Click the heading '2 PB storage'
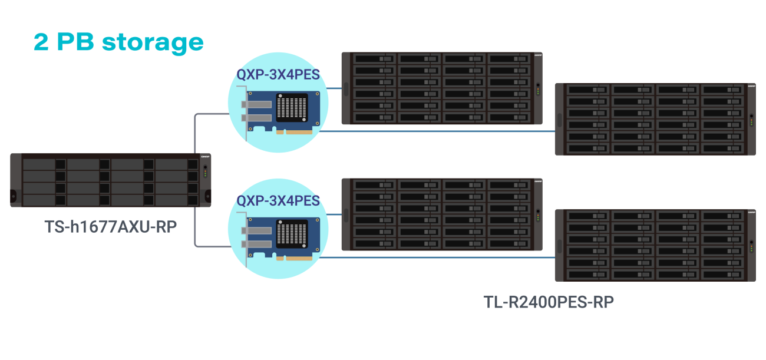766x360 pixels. pyautogui.click(x=118, y=42)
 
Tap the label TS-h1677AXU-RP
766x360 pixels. pyautogui.click(x=111, y=227)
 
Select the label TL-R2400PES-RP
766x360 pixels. pyautogui.click(x=549, y=302)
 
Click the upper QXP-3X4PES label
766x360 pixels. pyautogui.click(x=278, y=74)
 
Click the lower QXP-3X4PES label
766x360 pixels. pyautogui.click(x=278, y=200)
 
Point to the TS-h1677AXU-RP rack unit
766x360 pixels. pyautogui.click(x=111, y=180)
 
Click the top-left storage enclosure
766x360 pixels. pyautogui.click(x=442, y=88)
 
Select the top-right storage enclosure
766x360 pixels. pyautogui.click(x=655, y=119)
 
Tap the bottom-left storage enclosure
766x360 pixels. pyautogui.click(x=442, y=214)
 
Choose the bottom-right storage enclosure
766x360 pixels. pyautogui.click(x=655, y=245)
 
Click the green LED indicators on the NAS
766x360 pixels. pyautogui.click(x=204, y=171)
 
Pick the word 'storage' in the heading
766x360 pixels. pyautogui.click(x=153, y=42)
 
